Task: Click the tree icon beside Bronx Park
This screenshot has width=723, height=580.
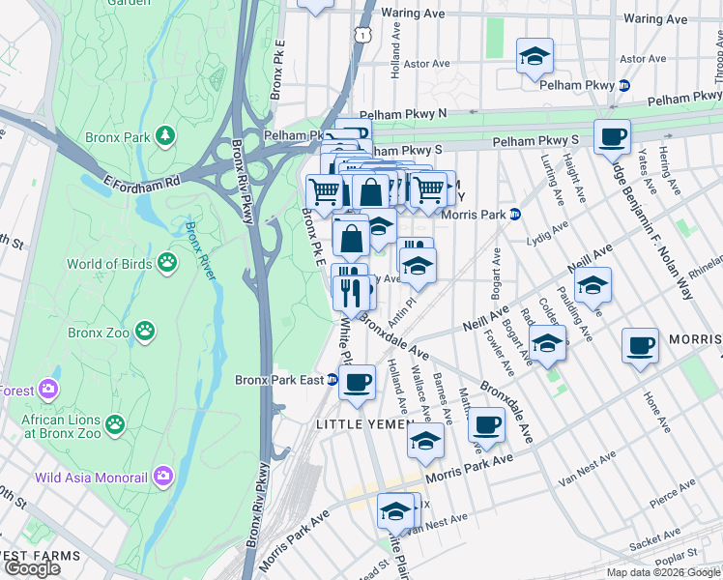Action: (166, 136)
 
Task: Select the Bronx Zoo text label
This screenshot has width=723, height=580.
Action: (99, 332)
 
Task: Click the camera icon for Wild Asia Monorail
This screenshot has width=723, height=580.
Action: (163, 476)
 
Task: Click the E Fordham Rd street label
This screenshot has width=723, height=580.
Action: (144, 181)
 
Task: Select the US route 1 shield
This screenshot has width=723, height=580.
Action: (361, 34)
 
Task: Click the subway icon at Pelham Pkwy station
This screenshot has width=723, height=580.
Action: (624, 85)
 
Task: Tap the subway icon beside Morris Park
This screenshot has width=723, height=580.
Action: (516, 214)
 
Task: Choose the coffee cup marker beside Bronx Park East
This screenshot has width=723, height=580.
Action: (357, 381)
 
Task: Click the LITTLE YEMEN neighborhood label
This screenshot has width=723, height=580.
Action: (360, 424)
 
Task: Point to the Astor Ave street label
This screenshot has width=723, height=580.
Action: (427, 64)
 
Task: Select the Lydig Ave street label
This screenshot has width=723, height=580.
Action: (547, 234)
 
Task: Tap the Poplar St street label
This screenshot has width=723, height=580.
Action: (701, 559)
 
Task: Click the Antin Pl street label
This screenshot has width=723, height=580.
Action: (401, 309)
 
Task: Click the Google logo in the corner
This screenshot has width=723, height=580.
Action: (34, 568)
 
